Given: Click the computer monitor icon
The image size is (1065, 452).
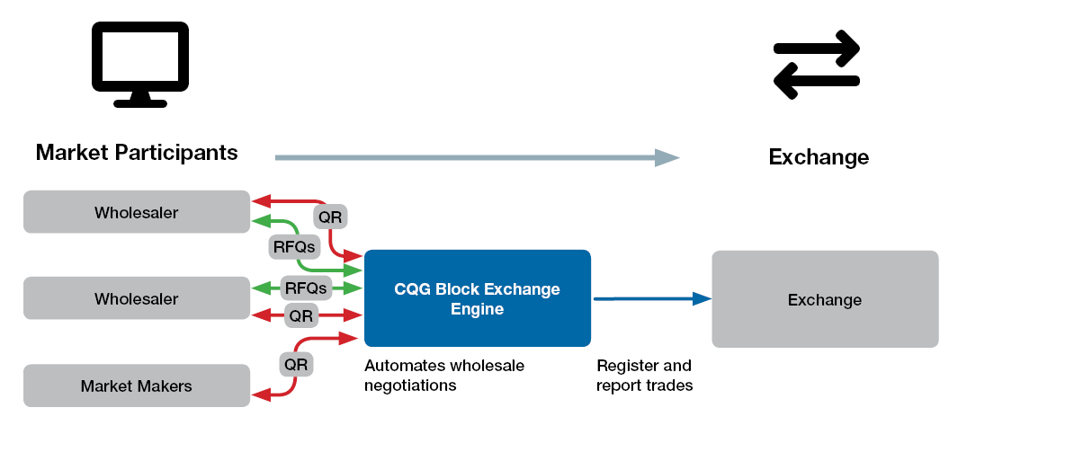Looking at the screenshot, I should tap(140, 63).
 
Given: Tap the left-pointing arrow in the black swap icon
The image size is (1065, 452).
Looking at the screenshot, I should tap(815, 83).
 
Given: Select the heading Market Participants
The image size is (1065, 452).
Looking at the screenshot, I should tap(137, 152).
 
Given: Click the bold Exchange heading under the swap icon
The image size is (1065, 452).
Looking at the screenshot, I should tap(818, 157).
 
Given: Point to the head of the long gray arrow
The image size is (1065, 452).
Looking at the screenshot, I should tap(667, 158).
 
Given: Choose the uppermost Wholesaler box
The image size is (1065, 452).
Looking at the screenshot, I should tap(137, 213).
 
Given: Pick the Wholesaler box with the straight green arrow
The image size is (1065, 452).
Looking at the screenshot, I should tap(137, 298).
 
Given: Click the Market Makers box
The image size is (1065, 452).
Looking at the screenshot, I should tap(137, 386).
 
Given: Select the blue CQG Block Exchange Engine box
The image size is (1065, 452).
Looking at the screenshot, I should tap(477, 298).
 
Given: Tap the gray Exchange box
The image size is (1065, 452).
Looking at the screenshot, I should tap(825, 299).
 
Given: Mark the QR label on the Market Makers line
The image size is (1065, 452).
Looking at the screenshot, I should tap(296, 365).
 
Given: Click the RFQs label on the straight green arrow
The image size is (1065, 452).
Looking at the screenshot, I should tap(307, 288).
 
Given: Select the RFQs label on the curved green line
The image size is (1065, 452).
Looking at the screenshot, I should tap(291, 245).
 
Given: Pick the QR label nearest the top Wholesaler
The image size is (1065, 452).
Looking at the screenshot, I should tap(330, 217).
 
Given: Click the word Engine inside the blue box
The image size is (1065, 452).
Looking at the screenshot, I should tap(477, 309).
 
